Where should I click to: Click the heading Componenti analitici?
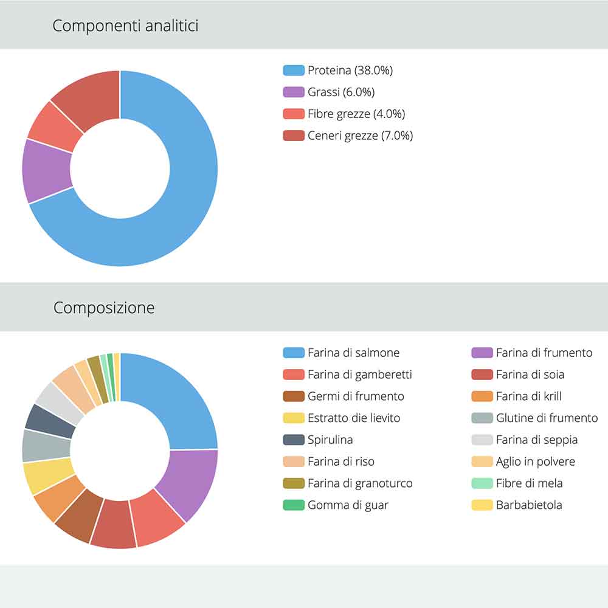click(125, 26)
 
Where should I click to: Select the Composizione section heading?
click(104, 308)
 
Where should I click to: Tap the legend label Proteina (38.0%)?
click(350, 71)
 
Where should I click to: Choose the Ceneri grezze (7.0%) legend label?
click(360, 136)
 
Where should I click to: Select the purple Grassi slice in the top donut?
click(46, 170)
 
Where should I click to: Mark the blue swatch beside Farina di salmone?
click(294, 353)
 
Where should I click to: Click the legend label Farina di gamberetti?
click(360, 375)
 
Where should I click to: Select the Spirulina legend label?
click(330, 440)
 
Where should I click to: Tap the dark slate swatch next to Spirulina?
click(294, 440)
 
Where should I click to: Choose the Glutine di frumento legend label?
click(547, 418)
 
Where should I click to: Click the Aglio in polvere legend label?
click(535, 461)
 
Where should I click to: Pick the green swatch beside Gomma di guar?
click(294, 505)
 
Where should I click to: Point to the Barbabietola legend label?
click(529, 505)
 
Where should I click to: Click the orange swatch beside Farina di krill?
click(482, 396)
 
